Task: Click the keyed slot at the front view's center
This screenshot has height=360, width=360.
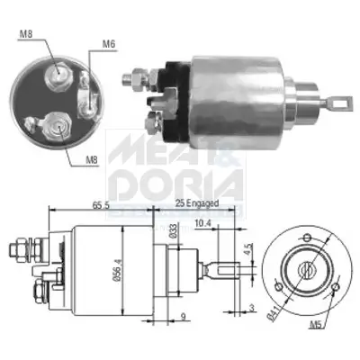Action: (x=304, y=266)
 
